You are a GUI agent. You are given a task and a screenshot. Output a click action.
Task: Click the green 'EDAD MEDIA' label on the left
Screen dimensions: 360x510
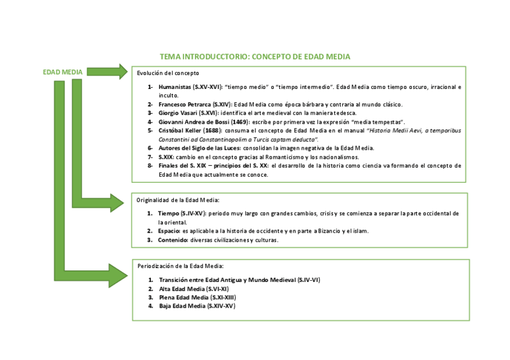click(63, 72)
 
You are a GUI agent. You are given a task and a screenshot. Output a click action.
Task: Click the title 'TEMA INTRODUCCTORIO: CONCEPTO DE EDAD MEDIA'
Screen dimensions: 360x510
click(254, 56)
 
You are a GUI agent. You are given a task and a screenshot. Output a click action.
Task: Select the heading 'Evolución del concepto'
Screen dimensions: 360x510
click(168, 73)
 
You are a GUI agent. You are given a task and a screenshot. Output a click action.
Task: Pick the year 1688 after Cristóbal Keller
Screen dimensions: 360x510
click(211, 130)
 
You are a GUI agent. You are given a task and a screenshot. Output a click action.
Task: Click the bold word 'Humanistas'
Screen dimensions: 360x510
click(175, 87)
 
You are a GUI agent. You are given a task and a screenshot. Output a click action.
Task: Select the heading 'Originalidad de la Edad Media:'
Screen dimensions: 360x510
click(178, 200)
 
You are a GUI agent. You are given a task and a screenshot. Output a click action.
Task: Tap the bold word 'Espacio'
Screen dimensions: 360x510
click(169, 231)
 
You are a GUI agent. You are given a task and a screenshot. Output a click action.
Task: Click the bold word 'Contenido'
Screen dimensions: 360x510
click(173, 240)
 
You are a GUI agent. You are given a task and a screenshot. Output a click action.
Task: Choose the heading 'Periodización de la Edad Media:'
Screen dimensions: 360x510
click(180, 266)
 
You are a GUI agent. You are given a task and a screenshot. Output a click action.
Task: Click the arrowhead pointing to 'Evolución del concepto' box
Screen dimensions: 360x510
click(123, 72)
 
